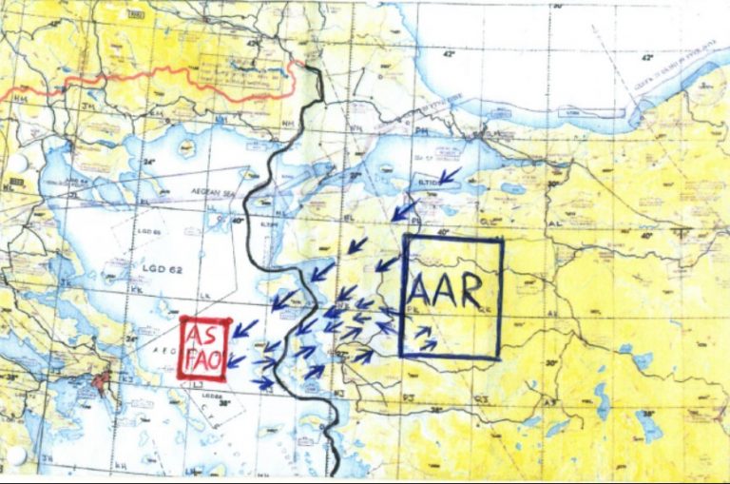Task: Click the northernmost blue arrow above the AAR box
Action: coord(449,175)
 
